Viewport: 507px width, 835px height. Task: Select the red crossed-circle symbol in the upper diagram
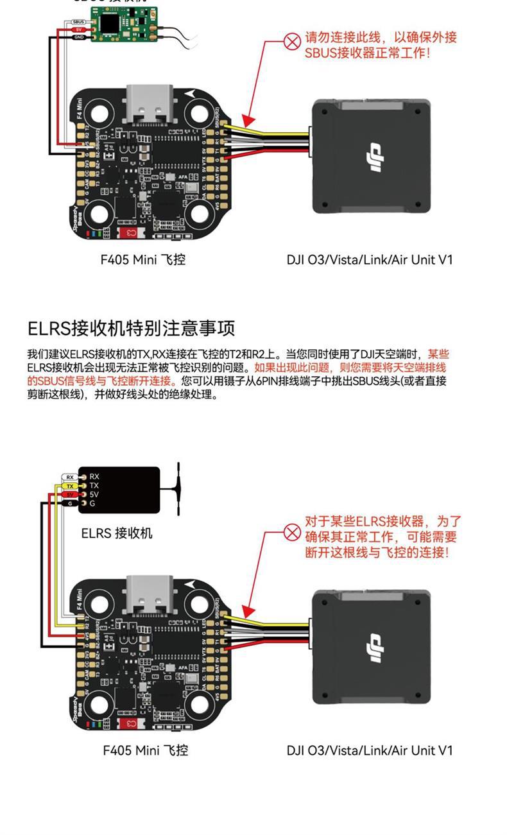coord(293,42)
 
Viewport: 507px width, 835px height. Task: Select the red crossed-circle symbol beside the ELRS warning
coord(293,532)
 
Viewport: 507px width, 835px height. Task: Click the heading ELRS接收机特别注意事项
coord(132,328)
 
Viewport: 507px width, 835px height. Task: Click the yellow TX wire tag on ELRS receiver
coord(70,486)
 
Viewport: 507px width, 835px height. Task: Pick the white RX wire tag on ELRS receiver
coord(70,477)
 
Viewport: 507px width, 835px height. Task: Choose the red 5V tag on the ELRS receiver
coord(70,495)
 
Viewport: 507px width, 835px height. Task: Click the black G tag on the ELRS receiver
coord(70,504)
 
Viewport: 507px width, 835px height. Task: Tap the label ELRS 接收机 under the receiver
coord(117,533)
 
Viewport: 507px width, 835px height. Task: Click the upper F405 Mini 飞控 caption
coord(143,260)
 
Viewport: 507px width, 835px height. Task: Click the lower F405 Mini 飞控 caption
coord(145,750)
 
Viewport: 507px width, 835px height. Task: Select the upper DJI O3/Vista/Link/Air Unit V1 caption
coord(370,260)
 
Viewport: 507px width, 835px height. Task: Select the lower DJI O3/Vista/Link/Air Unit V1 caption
coord(370,750)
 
